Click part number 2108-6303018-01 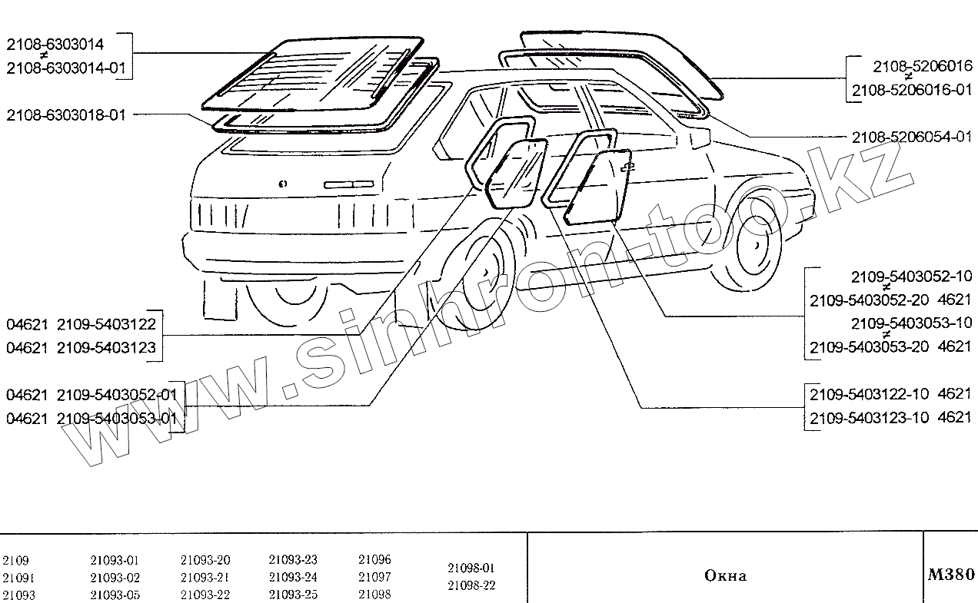coord(66,115)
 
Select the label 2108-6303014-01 coord(66,68)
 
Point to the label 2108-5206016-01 coord(911,90)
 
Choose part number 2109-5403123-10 coord(870,417)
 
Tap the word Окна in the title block coord(725,576)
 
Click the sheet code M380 coord(952,575)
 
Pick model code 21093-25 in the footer coord(293,595)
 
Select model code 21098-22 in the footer coord(471,585)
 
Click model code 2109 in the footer coord(16,561)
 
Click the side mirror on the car coord(700,138)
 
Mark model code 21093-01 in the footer coord(115,561)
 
